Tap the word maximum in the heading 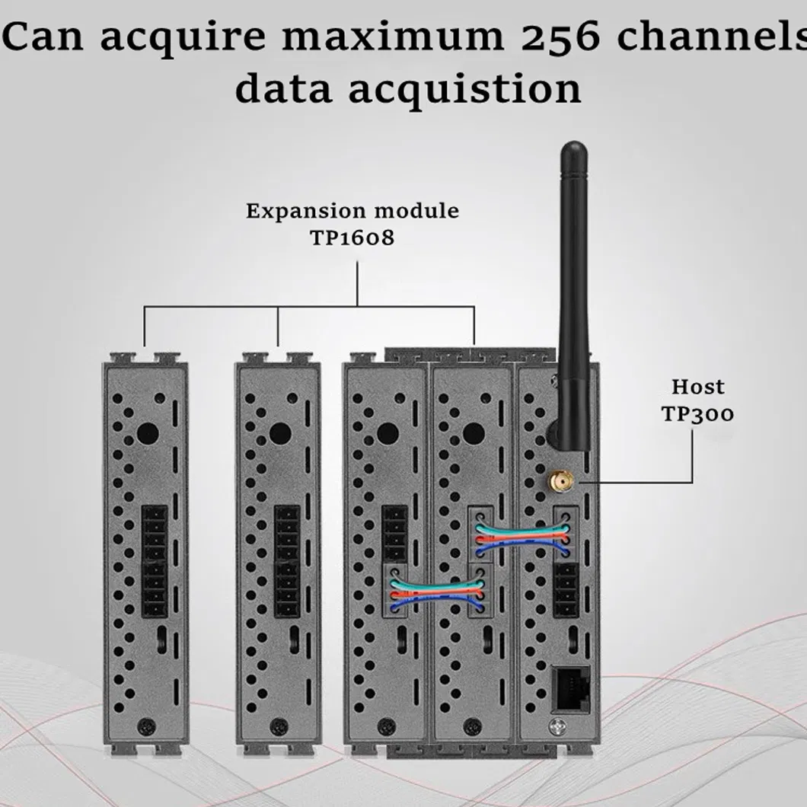pyautogui.click(x=394, y=37)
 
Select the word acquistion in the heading pyautogui.click(x=465, y=88)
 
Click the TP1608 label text pyautogui.click(x=352, y=238)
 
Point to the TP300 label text pyautogui.click(x=697, y=414)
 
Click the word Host pyautogui.click(x=698, y=387)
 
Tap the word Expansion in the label pyautogui.click(x=306, y=211)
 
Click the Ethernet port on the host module pyautogui.click(x=570, y=688)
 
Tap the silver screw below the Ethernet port pyautogui.click(x=558, y=727)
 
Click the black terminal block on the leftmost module pyautogui.click(x=155, y=560)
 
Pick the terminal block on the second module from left pyautogui.click(x=287, y=560)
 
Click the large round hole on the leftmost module pyautogui.click(x=148, y=433)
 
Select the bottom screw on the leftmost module pyautogui.click(x=147, y=727)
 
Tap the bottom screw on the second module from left pyautogui.click(x=279, y=727)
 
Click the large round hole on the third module pyautogui.click(x=388, y=433)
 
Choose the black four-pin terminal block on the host pyautogui.click(x=566, y=590)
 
